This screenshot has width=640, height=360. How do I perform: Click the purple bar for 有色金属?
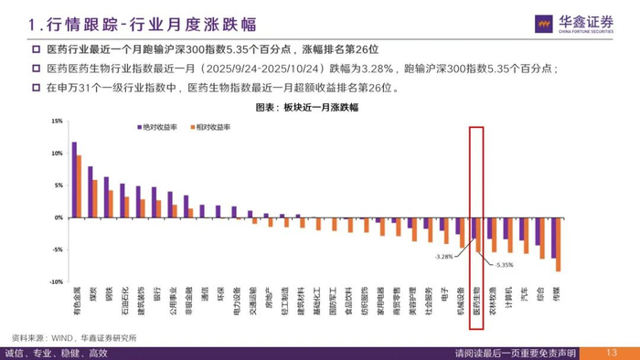point(74,180)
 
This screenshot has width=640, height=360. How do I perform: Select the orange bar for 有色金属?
point(80,186)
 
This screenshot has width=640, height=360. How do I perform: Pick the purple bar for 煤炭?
point(91,193)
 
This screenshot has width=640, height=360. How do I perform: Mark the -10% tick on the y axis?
point(55,281)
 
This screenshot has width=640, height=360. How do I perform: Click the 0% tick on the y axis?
point(57,217)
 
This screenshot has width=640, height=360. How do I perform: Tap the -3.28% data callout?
point(444,257)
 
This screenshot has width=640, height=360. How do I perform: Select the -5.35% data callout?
point(504,265)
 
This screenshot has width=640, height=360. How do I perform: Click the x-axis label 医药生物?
point(475,300)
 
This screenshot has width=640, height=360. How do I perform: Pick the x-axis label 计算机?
point(507,297)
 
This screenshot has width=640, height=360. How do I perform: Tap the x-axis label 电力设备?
point(236,300)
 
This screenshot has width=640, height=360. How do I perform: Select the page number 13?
point(612,353)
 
